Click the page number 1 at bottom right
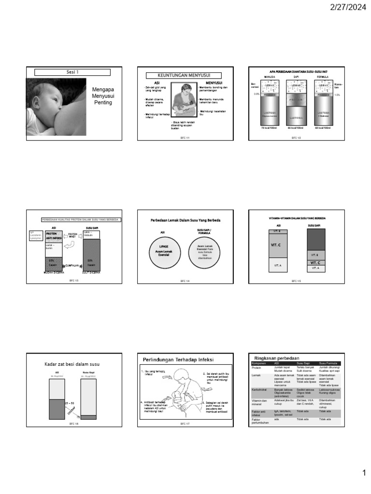[x=365, y=474]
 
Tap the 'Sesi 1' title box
[x=72, y=72]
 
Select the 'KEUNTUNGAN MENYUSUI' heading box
[x=184, y=75]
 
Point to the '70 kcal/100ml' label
[x=269, y=128]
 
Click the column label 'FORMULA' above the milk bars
[x=322, y=77]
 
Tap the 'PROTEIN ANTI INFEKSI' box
[x=53, y=235]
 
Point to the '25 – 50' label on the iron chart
[x=69, y=402]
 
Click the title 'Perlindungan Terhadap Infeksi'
[x=178, y=359]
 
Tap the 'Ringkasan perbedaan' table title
[x=274, y=357]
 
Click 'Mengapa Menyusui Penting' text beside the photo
[x=103, y=96]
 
